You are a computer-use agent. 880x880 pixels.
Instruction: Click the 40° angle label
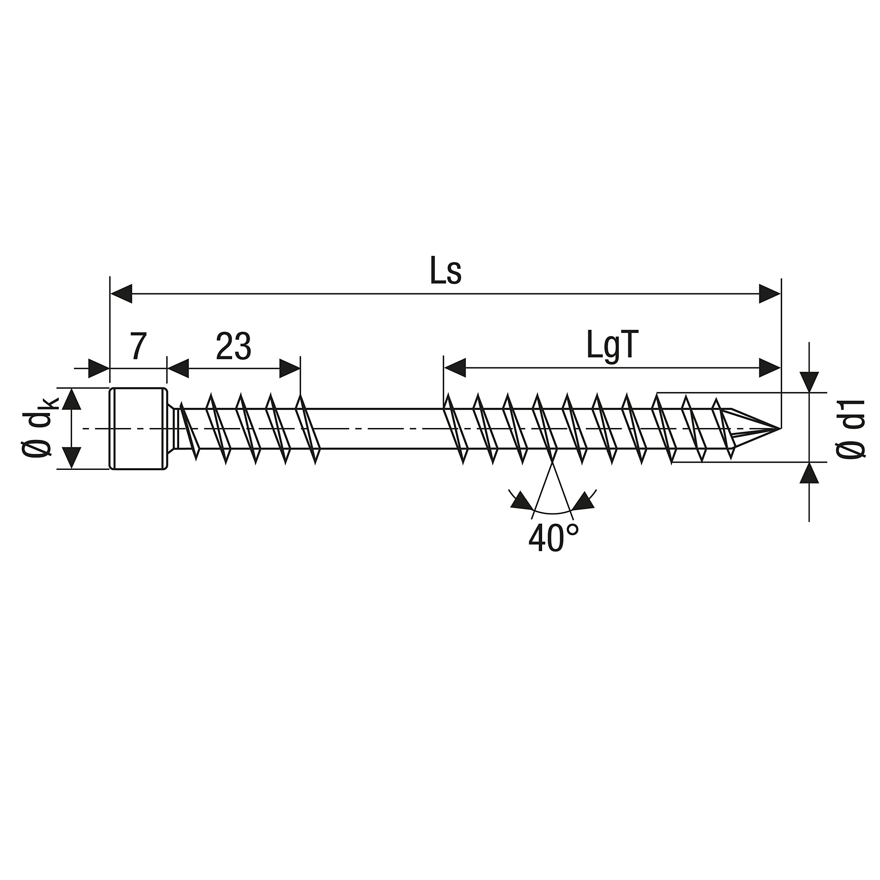(x=553, y=538)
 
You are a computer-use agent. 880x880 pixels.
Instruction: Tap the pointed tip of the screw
(x=780, y=429)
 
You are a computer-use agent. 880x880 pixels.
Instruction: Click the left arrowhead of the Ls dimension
(x=121, y=294)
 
